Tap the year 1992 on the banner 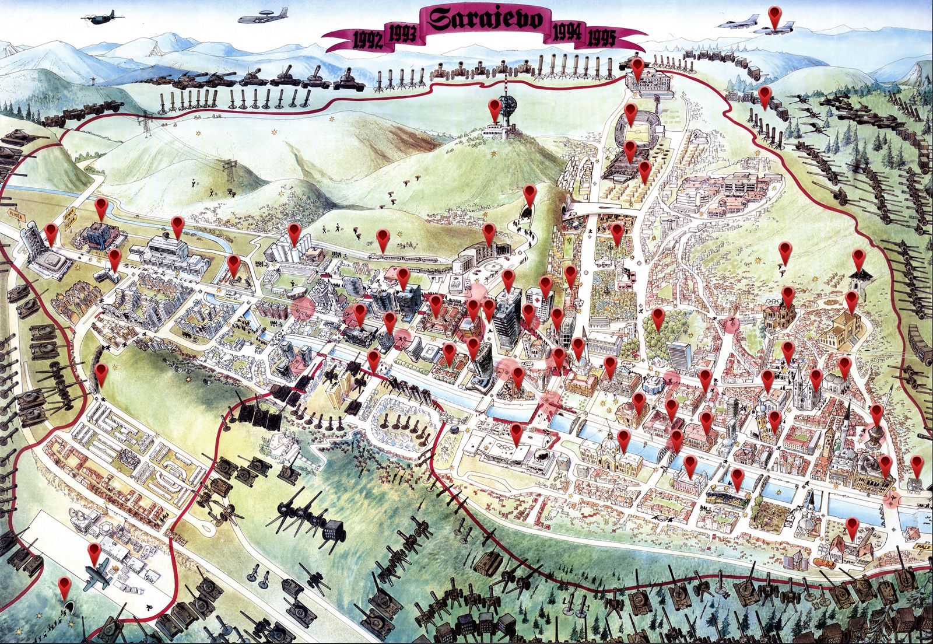pyautogui.click(x=369, y=40)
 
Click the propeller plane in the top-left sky pyautogui.click(x=101, y=17)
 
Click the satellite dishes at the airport pyautogui.click(x=82, y=517)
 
